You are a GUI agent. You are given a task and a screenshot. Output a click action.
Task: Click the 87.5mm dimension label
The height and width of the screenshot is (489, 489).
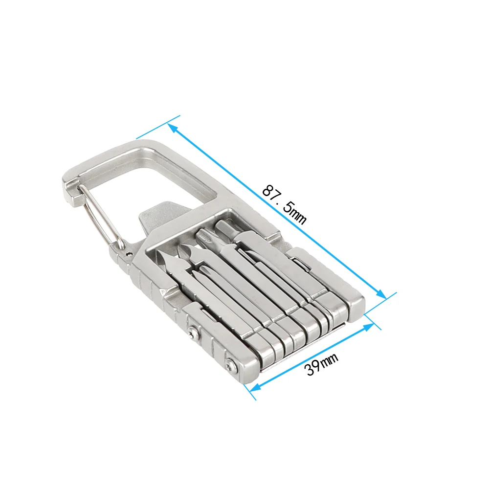[x=284, y=204]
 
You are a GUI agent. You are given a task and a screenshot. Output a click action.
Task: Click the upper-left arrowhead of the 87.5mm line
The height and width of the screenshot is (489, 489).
[x=174, y=129]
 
